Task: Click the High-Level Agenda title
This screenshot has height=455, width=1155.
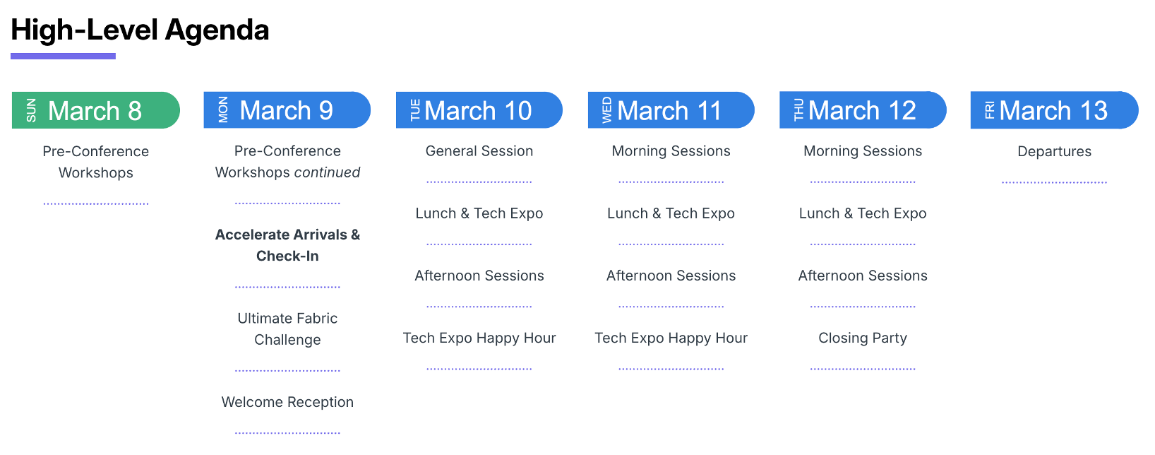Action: pyautogui.click(x=140, y=30)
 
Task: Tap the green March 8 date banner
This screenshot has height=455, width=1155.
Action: pyautogui.click(x=96, y=110)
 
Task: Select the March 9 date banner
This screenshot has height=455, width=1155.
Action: pyautogui.click(x=287, y=110)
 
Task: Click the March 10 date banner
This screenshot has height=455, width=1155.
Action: pyautogui.click(x=479, y=110)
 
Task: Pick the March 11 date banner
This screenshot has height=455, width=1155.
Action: pyautogui.click(x=671, y=110)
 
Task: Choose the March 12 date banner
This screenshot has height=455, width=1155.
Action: pyautogui.click(x=863, y=110)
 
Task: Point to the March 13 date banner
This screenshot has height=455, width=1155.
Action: pyautogui.click(x=1055, y=110)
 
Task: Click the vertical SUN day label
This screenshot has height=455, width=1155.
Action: pyautogui.click(x=31, y=110)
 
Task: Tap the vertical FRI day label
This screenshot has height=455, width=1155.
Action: pyautogui.click(x=990, y=110)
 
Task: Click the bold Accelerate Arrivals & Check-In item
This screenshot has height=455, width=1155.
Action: pyautogui.click(x=288, y=245)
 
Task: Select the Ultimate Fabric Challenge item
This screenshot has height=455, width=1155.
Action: pyautogui.click(x=288, y=329)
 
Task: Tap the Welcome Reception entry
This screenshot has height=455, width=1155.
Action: pyautogui.click(x=288, y=402)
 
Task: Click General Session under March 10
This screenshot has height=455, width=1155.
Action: pyautogui.click(x=479, y=150)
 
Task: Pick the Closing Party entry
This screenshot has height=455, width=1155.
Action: pyautogui.click(x=863, y=338)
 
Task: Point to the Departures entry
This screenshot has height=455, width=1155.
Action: pyautogui.click(x=1055, y=151)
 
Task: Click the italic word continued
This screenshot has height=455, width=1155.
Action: pyautogui.click(x=328, y=172)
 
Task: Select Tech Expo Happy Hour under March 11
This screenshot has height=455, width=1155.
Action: pyautogui.click(x=671, y=338)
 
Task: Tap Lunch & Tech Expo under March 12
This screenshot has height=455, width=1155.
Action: pyautogui.click(x=863, y=213)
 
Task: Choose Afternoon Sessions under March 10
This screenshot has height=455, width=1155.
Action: pyautogui.click(x=479, y=276)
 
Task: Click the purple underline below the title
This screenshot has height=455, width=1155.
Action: pyautogui.click(x=63, y=57)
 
